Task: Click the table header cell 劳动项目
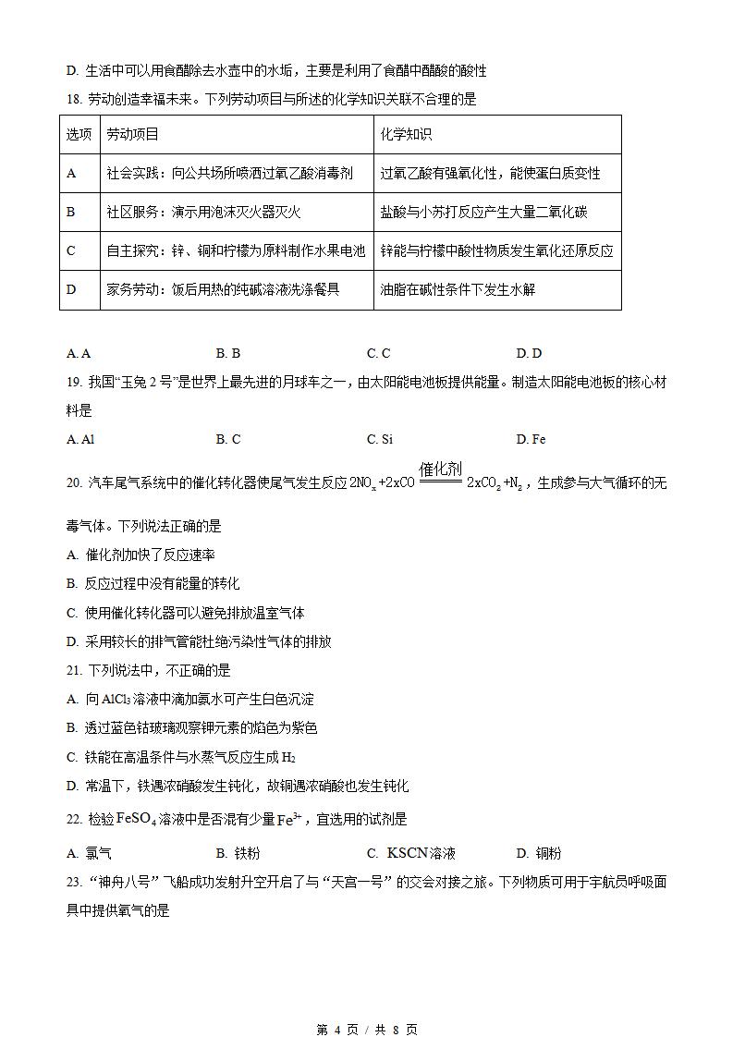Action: pos(133,135)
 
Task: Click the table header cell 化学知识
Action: pos(406,135)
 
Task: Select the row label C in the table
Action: pos(72,250)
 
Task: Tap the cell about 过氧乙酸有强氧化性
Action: pos(490,174)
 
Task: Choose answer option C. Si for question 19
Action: pos(379,440)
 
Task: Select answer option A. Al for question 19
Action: pos(80,440)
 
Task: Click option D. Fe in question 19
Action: pos(531,440)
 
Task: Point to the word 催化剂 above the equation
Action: pos(440,470)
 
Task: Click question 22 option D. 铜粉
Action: pos(538,853)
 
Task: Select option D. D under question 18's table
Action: pos(529,353)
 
